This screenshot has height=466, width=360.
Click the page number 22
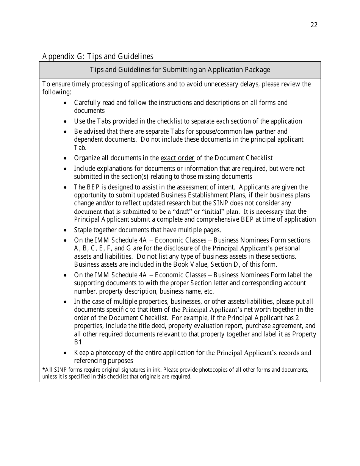pos(314,25)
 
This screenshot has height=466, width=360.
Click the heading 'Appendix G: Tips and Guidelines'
pos(98,56)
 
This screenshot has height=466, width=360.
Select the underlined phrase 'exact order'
pos(177,158)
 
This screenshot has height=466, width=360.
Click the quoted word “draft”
pos(182,211)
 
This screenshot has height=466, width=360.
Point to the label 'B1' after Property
pos(78,342)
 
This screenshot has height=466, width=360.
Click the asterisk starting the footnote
pos(43,370)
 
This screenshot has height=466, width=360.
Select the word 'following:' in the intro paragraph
pos(56,92)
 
